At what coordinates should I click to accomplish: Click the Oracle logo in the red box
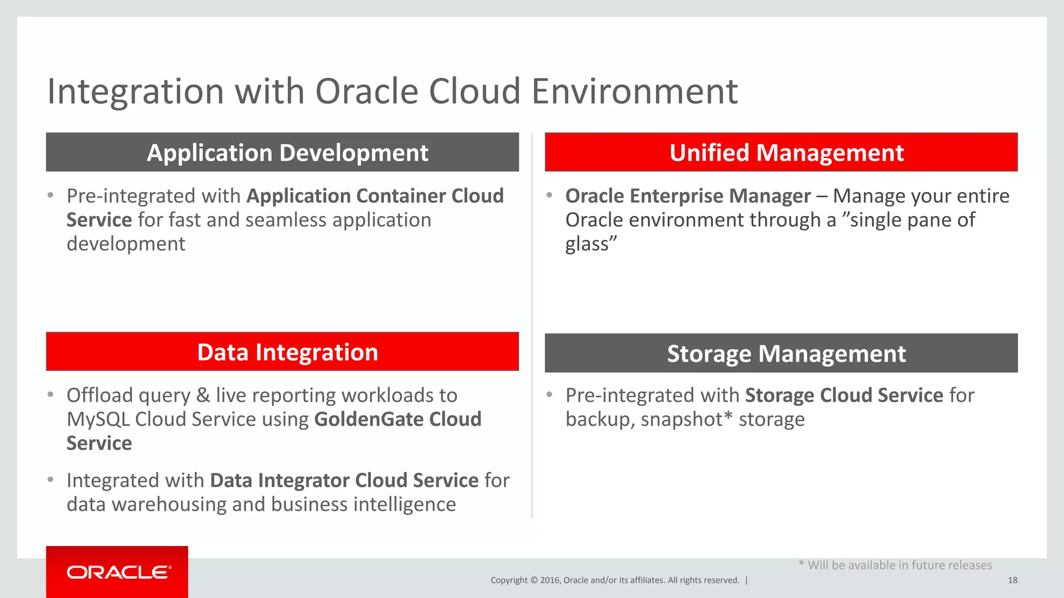[118, 572]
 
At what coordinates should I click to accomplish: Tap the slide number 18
[1012, 580]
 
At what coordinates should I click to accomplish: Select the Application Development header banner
[282, 152]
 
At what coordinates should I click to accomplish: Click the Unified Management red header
[781, 152]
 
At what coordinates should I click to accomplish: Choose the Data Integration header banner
[282, 352]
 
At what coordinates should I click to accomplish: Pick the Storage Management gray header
[781, 353]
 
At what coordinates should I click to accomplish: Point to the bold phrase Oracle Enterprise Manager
[687, 196]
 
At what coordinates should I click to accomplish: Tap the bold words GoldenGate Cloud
[397, 419]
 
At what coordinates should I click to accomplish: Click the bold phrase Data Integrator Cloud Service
[344, 481]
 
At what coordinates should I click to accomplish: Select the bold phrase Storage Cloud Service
[844, 396]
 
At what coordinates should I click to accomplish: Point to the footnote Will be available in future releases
[899, 565]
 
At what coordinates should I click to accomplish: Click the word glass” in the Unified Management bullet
[591, 244]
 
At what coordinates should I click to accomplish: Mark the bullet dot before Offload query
[50, 395]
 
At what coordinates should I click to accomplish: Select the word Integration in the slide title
[135, 91]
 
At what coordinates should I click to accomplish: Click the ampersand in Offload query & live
[203, 396]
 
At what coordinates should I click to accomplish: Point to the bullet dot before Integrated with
[50, 480]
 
